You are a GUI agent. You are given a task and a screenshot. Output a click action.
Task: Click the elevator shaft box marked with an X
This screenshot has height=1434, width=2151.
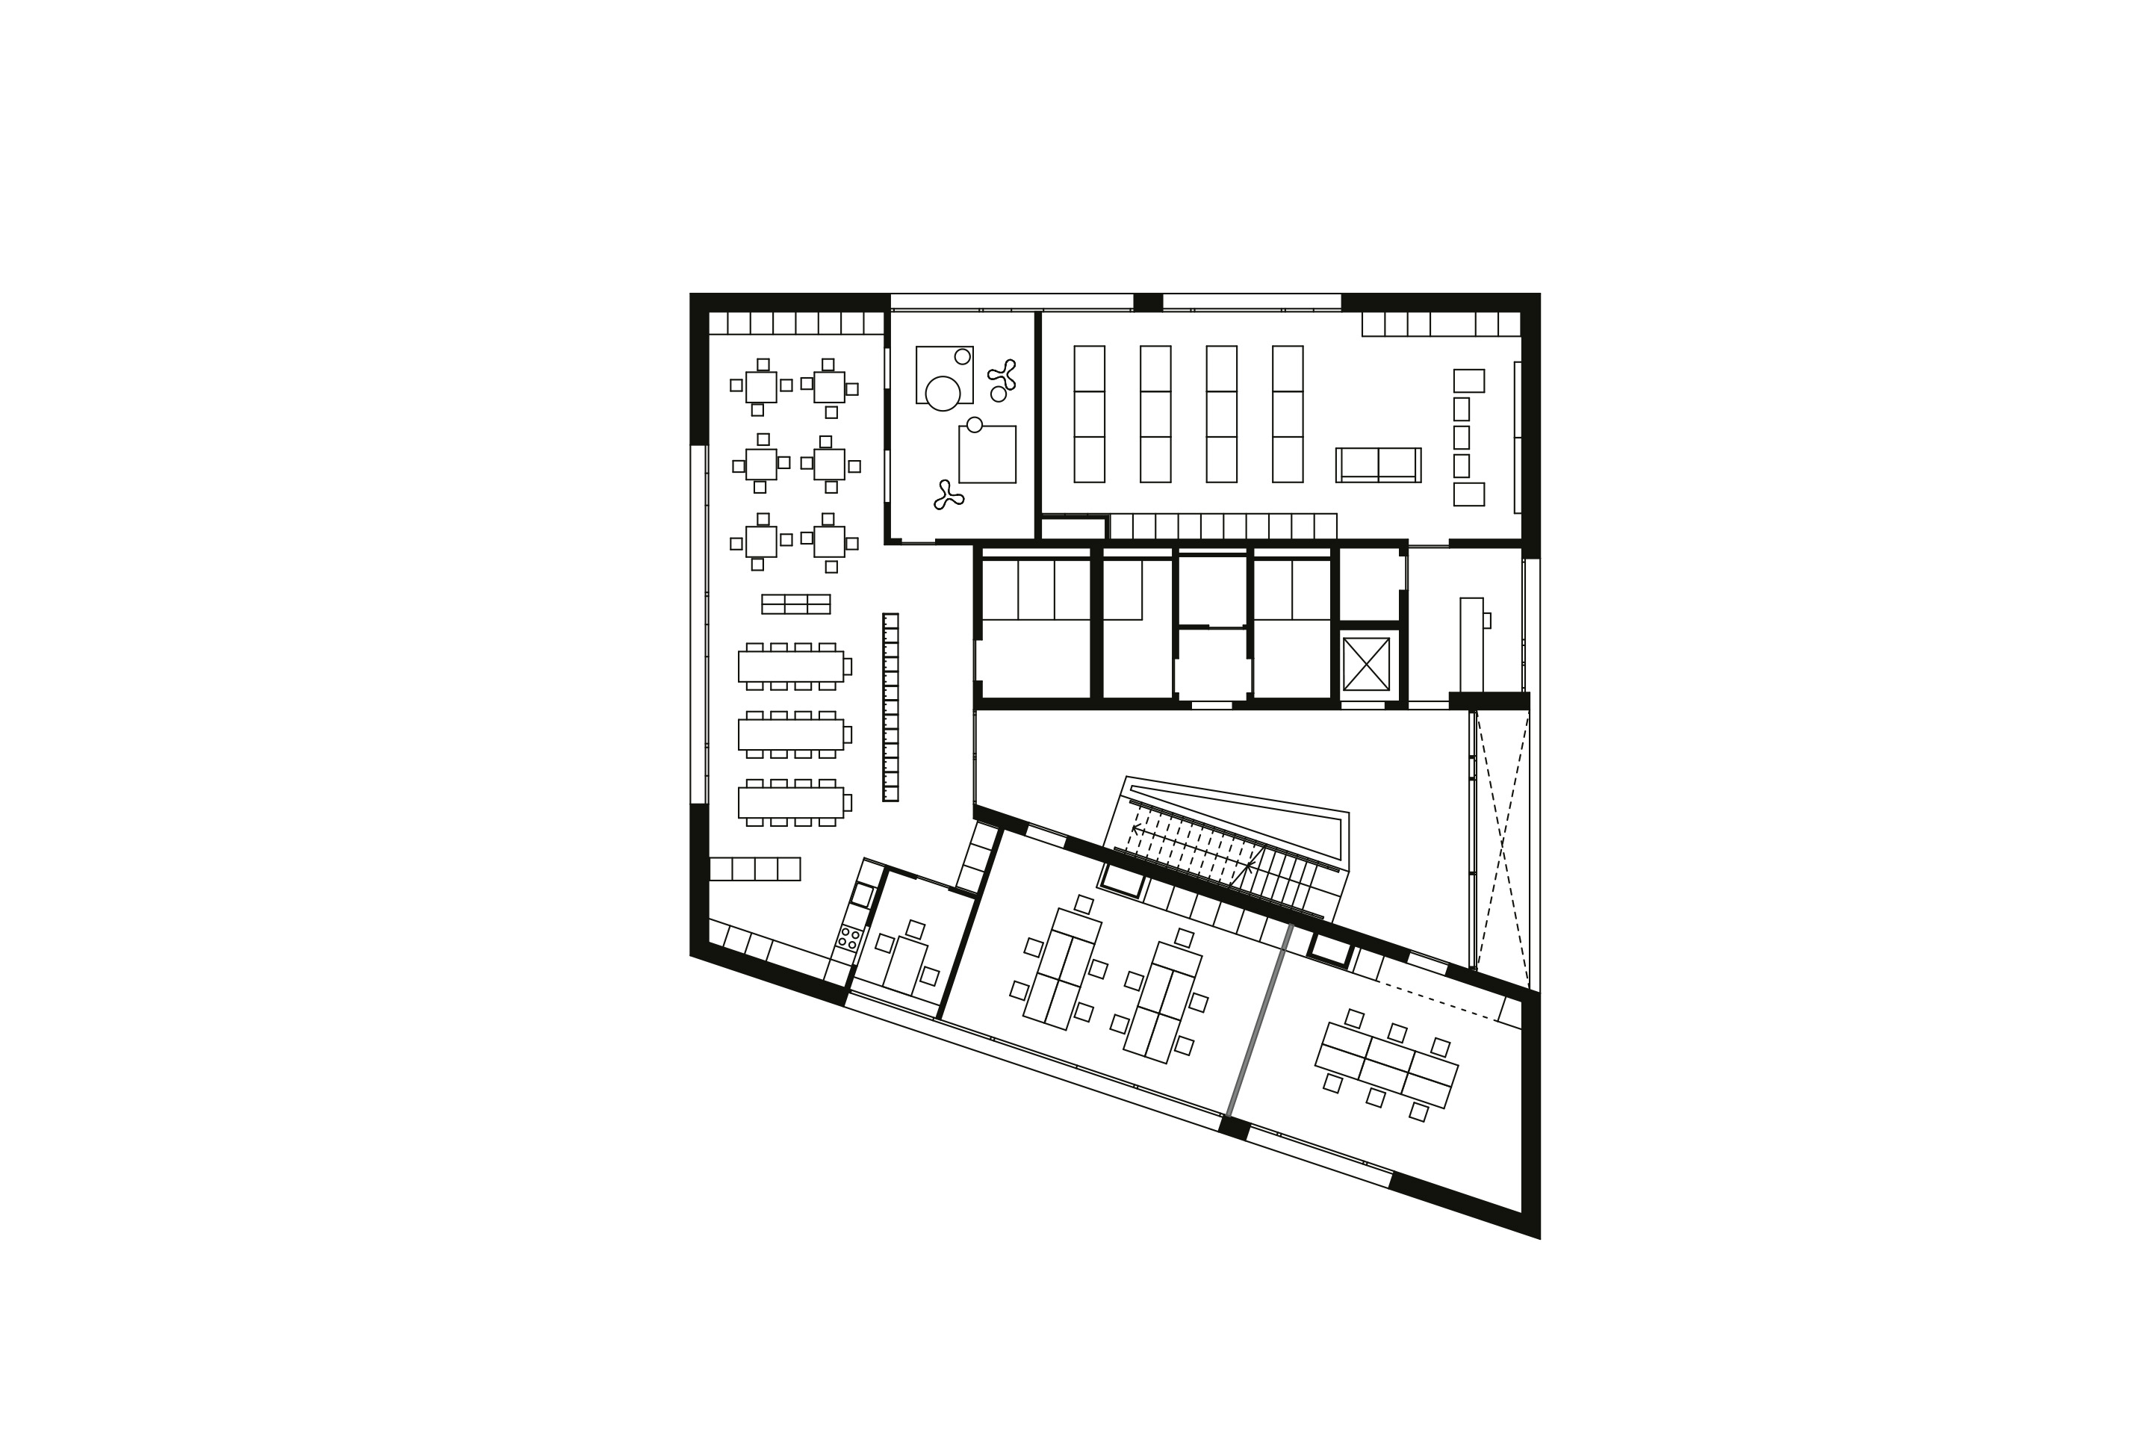pos(1365,664)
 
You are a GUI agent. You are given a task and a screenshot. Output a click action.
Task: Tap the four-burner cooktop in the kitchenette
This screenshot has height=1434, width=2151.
pos(848,937)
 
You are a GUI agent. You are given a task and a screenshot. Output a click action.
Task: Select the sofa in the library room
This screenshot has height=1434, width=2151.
pos(1378,465)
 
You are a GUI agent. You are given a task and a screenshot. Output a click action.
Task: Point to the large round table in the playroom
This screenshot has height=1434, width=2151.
pos(942,394)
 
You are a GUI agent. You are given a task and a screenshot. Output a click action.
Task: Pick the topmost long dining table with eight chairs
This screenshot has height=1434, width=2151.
pos(790,665)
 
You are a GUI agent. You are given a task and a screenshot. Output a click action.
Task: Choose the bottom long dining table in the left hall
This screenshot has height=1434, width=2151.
pos(790,802)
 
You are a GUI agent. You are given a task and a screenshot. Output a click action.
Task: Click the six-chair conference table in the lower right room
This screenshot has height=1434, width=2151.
pos(1385,1064)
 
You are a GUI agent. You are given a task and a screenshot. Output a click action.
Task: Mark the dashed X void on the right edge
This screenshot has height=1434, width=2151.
pos(1502,842)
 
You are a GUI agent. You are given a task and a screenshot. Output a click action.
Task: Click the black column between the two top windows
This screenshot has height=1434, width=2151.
pos(1148,302)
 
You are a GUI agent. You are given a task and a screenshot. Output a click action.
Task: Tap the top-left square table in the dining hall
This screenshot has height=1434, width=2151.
pos(761,386)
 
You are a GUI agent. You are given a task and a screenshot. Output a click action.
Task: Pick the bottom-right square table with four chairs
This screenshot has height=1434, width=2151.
pos(830,541)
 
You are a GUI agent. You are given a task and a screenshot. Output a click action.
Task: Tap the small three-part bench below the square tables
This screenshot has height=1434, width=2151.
pos(795,603)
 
